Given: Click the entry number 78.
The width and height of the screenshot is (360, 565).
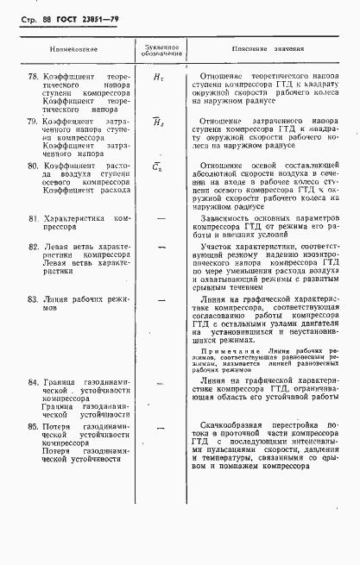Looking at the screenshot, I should [34, 77].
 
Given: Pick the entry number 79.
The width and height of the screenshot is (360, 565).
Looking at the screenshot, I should [34, 122].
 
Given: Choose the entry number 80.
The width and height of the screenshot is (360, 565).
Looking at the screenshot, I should [34, 165].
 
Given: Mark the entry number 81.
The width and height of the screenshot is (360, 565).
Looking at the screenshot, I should [34, 218].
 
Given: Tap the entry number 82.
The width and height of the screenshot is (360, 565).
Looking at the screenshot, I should [34, 246].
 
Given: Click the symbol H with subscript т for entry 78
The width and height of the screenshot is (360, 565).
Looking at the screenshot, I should [158, 78].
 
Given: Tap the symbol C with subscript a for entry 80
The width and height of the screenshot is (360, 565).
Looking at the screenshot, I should [158, 166].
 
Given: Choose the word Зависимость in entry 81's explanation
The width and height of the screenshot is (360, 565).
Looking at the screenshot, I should [231, 218].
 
